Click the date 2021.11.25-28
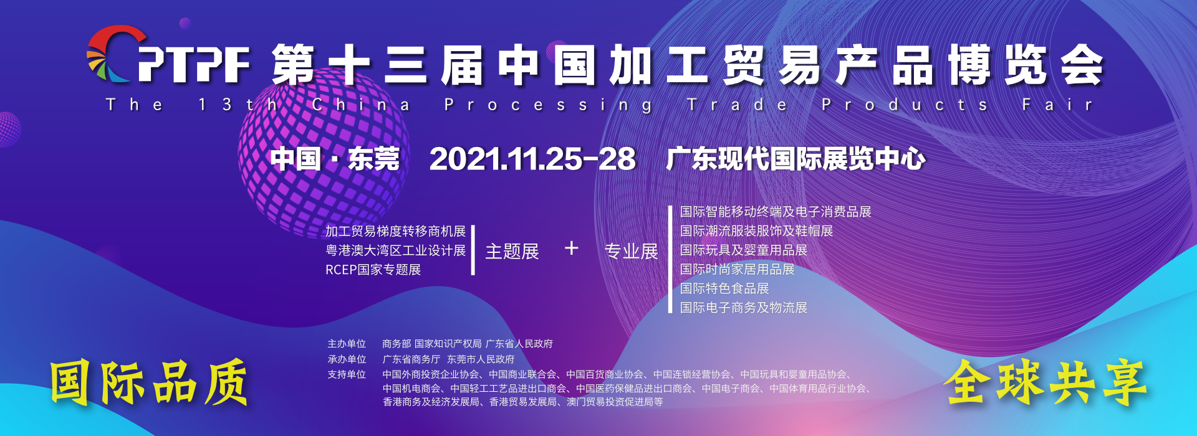point(532,159)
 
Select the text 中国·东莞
point(335,159)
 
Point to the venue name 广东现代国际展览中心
point(796,159)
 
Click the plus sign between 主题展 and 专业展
point(572,249)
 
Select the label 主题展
point(512,251)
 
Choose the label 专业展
point(632,251)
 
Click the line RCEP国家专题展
point(373,270)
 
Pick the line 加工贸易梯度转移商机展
point(395,231)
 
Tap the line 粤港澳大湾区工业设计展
point(395,250)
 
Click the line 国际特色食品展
point(724,288)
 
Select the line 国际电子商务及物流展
point(744,308)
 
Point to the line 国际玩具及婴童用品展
point(744,250)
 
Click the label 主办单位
point(347,344)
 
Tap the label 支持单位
point(347,374)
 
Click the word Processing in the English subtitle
point(549,105)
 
